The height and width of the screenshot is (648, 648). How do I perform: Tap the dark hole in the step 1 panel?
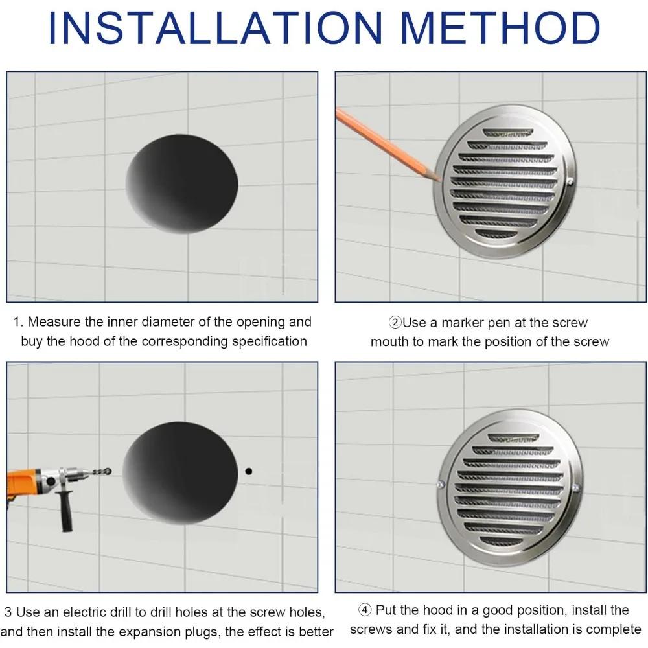182,184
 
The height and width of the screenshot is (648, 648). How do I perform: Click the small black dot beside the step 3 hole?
248,471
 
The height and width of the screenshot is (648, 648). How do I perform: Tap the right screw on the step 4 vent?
575,487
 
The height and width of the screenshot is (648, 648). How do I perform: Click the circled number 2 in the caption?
394,323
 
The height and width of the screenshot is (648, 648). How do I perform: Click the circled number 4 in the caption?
365,610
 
